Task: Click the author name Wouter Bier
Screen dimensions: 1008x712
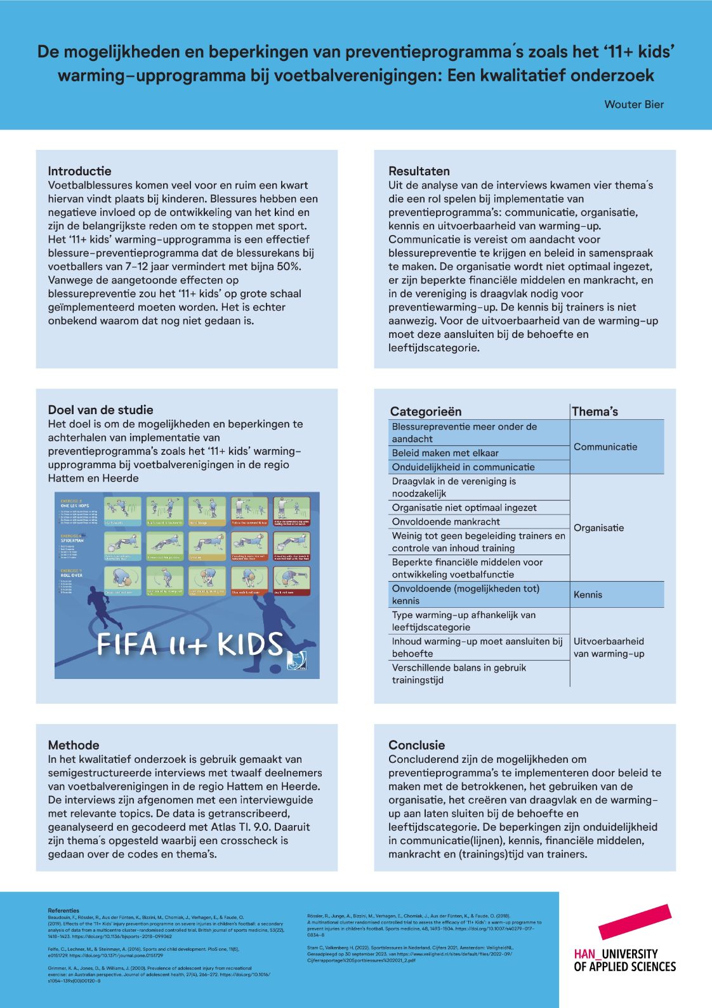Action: [x=633, y=105]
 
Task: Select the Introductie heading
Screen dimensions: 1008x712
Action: [x=79, y=171]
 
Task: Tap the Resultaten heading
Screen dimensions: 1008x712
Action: [x=419, y=171]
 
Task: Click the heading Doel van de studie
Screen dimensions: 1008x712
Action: [x=100, y=410]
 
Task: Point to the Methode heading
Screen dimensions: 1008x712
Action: [x=74, y=745]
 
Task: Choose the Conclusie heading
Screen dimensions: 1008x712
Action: [x=416, y=745]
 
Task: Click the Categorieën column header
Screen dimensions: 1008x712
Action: [x=426, y=412]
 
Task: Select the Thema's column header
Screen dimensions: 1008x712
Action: [x=595, y=412]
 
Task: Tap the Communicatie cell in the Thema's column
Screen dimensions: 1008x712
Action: [x=605, y=447]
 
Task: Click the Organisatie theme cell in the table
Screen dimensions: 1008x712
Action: [x=598, y=528]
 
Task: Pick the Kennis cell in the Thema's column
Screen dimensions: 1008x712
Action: [x=588, y=595]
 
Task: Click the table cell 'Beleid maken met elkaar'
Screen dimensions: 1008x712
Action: [x=445, y=453]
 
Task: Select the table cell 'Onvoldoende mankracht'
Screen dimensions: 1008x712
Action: [x=445, y=521]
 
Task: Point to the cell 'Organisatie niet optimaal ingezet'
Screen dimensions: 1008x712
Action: [x=464, y=507]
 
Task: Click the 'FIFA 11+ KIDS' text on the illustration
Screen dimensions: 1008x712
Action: [x=190, y=645]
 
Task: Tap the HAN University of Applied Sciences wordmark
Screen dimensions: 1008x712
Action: [x=624, y=960]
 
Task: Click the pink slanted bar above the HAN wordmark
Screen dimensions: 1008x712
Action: [x=635, y=922]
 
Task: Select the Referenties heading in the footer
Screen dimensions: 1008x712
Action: [x=63, y=910]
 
